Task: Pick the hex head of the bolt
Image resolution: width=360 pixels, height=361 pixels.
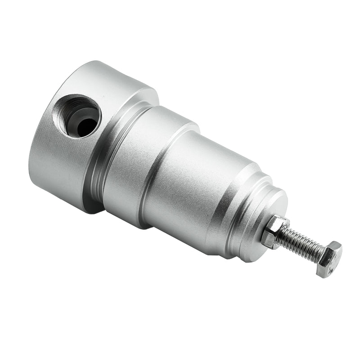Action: (x=328, y=258)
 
